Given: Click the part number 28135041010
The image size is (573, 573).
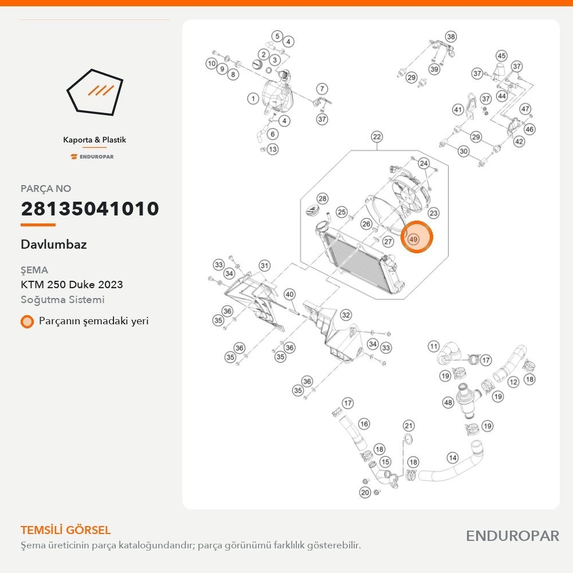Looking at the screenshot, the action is click(x=90, y=209).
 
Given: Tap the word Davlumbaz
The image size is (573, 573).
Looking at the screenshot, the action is click(x=54, y=244).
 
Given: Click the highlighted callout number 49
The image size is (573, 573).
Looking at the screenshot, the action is click(x=413, y=240).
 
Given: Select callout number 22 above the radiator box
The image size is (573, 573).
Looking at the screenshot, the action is click(x=377, y=137).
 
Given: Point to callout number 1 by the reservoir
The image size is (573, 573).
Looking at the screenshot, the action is click(x=253, y=99).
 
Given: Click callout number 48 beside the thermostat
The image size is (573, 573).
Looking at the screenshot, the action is click(x=448, y=402).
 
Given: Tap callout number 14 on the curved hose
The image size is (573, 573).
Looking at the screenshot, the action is click(x=453, y=457).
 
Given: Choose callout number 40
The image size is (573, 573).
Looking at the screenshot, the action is click(x=289, y=294).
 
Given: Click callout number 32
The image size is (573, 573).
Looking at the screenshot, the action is click(x=346, y=315).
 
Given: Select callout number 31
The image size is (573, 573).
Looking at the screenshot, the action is click(x=265, y=266).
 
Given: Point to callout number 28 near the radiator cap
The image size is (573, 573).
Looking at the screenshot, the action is click(x=322, y=198).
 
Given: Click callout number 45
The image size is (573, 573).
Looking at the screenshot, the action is click(x=501, y=56).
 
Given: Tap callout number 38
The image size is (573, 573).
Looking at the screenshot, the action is click(x=451, y=37).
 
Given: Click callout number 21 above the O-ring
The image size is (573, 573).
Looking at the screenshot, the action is click(x=409, y=426).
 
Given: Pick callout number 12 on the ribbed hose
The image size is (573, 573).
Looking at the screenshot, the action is click(x=513, y=382).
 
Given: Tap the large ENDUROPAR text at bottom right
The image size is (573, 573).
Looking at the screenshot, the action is click(x=512, y=536).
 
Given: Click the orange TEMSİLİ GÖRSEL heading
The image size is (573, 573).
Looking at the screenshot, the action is click(x=65, y=530).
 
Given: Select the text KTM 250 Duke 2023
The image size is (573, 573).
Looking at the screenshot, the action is click(x=72, y=284).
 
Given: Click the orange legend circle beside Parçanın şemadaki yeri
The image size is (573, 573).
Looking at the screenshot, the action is click(x=27, y=321).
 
